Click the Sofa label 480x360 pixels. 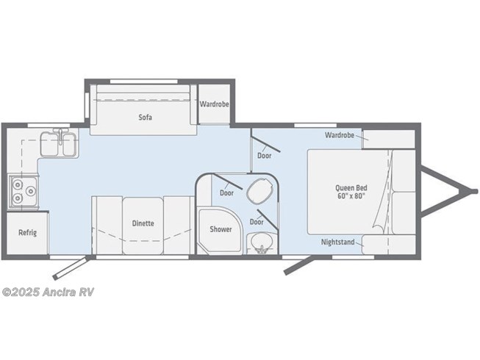[x=145, y=117]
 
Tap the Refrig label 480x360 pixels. [x=27, y=232]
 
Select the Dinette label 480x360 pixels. [x=143, y=223]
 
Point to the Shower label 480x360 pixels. [x=221, y=229]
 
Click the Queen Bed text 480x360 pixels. [x=351, y=188]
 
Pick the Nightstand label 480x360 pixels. [x=337, y=242]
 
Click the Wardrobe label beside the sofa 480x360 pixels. [x=215, y=104]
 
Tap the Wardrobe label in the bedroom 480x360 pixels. [x=340, y=135]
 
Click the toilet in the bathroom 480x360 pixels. [x=259, y=190]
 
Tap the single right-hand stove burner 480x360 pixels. [x=31, y=192]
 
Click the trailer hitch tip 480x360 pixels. [x=475, y=191]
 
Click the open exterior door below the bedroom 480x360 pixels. [x=298, y=265]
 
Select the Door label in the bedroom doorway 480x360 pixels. [x=264, y=156]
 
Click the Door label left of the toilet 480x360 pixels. [x=226, y=193]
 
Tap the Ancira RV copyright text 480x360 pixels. [x=48, y=292]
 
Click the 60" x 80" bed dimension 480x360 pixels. [x=351, y=195]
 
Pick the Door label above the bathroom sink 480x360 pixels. [x=257, y=222]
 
